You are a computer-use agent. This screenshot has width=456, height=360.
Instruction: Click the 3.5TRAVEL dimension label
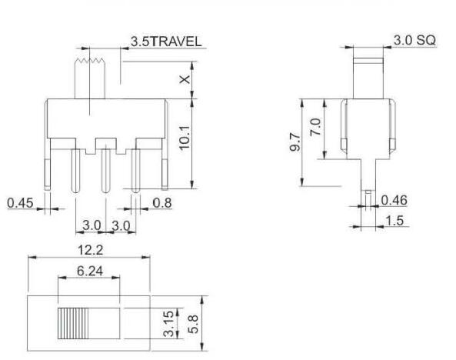(166, 42)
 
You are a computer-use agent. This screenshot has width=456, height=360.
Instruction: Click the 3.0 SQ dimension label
(414, 40)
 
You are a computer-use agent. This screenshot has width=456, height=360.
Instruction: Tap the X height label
(185, 79)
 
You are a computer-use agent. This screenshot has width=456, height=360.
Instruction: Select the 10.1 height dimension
(185, 138)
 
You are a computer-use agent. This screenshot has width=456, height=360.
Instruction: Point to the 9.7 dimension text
(295, 142)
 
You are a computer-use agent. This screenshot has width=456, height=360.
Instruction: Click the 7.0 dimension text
(315, 127)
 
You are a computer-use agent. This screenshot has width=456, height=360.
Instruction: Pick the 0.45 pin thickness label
(20, 203)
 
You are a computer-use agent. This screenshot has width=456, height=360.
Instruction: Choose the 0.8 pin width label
(162, 203)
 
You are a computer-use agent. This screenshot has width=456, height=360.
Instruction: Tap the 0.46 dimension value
(394, 200)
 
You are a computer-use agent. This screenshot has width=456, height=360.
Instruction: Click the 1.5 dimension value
(394, 221)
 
